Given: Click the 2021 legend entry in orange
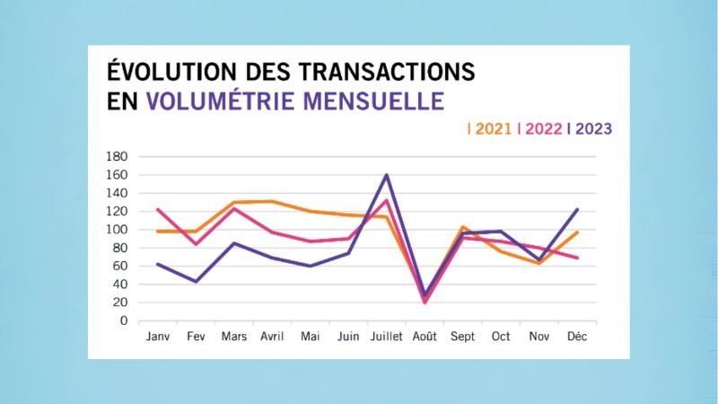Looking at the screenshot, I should [x=493, y=128].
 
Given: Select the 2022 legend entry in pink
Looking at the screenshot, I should [x=543, y=128].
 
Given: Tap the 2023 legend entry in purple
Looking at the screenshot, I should [x=593, y=128].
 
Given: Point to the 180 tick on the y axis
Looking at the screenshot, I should [x=119, y=156].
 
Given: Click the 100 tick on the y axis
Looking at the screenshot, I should [x=119, y=230].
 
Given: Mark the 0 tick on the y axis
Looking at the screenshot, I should [x=126, y=321].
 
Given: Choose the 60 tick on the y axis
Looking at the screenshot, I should [x=122, y=267].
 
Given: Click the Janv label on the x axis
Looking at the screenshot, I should [x=159, y=336].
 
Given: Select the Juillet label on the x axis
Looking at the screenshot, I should [x=386, y=336].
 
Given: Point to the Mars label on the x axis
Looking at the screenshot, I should [x=234, y=336].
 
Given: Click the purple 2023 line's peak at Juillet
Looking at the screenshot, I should [x=386, y=175].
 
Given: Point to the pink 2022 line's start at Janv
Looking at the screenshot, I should [x=159, y=210].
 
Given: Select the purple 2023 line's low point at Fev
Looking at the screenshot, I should [x=196, y=281].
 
